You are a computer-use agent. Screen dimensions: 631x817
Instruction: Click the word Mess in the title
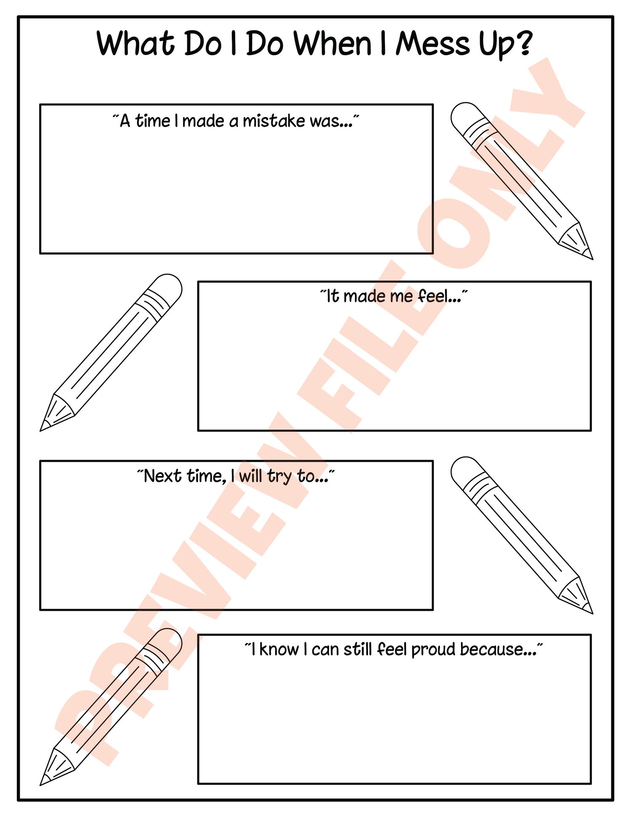[432, 43]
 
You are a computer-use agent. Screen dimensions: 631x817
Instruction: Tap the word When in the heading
[332, 43]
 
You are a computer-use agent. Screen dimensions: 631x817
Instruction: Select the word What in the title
[136, 43]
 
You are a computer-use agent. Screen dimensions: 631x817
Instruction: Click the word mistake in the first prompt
[274, 121]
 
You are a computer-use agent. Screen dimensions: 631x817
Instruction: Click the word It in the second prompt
[333, 296]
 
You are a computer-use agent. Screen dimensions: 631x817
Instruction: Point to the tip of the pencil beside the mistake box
[592, 258]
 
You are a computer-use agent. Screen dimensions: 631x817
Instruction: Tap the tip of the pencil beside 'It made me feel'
[41, 430]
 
